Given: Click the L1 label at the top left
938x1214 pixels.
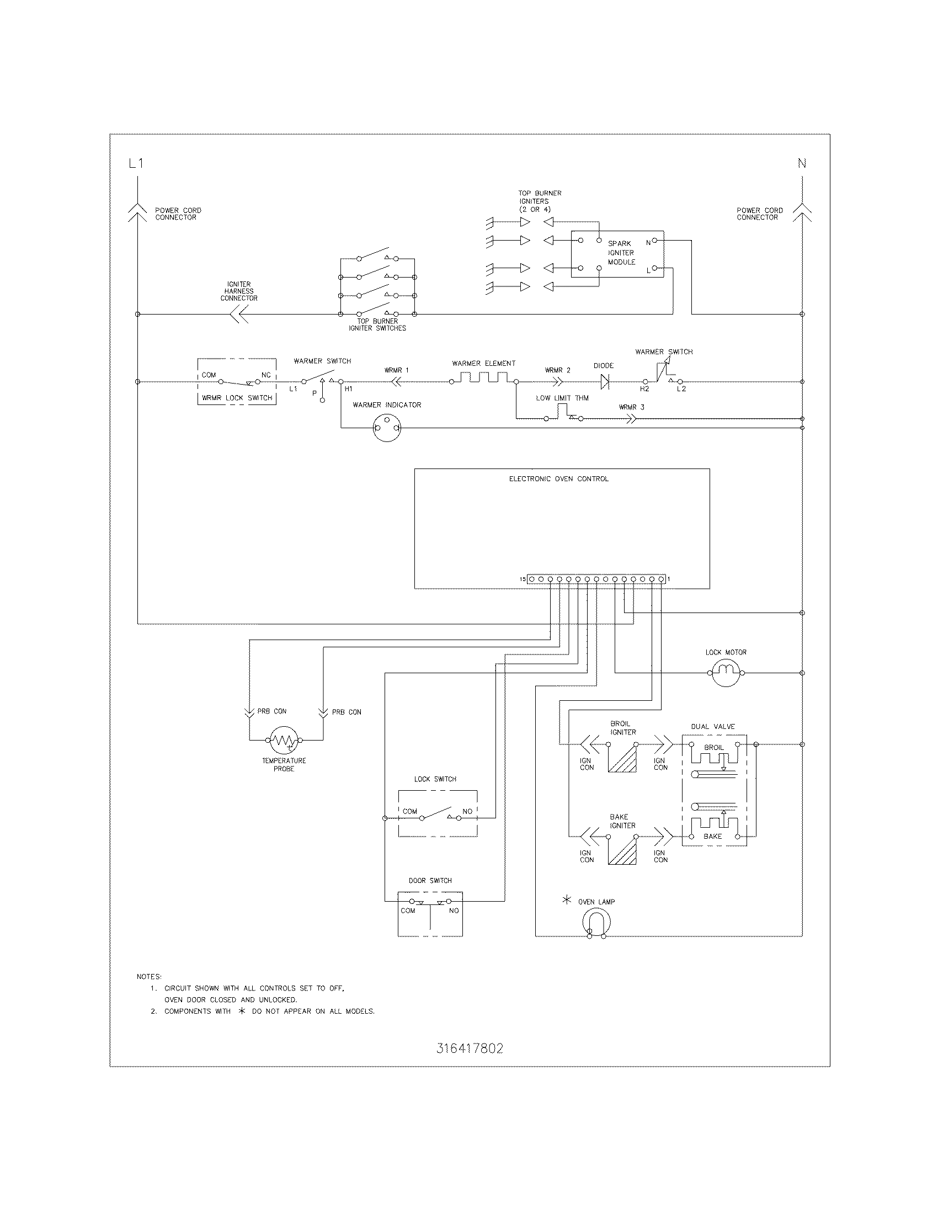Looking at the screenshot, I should [136, 163].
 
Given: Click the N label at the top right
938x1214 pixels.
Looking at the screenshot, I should [802, 163].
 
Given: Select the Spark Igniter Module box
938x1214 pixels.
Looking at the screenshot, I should [617, 253].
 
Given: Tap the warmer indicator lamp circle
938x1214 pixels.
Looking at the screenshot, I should [387, 428].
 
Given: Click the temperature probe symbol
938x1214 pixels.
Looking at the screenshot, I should [284, 740].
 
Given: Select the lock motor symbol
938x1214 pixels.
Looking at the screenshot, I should [726, 673].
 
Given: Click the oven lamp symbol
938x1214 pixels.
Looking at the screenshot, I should [597, 924].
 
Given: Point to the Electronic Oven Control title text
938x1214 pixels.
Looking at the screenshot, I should [558, 478].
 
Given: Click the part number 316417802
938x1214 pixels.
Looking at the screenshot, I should [470, 1048].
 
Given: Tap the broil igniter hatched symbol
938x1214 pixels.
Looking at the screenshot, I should [622, 758].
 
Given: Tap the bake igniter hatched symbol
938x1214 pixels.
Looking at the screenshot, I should [622, 850].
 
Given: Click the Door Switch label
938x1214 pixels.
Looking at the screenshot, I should [430, 881].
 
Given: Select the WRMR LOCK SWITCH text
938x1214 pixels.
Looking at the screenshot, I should [237, 398].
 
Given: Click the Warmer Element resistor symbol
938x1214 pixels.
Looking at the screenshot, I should [482, 378].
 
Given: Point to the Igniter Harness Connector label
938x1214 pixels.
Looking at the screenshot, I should [239, 291].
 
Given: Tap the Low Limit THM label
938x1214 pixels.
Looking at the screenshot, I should [562, 398].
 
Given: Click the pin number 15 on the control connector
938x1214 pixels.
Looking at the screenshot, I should [523, 579].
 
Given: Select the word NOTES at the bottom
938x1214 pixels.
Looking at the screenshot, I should [149, 977].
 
